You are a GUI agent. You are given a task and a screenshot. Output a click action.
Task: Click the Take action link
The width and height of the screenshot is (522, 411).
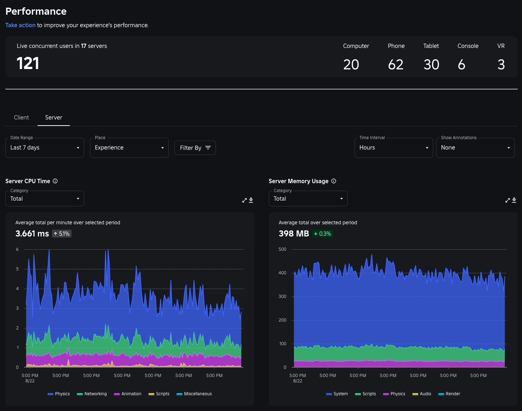pyautogui.click(x=20, y=25)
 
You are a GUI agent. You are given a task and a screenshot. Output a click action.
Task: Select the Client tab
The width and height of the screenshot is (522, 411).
pyautogui.click(x=21, y=117)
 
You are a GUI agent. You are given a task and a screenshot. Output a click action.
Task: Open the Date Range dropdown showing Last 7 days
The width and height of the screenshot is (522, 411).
pyautogui.click(x=45, y=148)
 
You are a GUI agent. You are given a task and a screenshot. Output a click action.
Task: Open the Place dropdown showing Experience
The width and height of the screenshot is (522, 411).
pyautogui.click(x=129, y=148)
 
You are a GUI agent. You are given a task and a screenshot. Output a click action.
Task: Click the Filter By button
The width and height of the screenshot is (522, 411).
pyautogui.click(x=195, y=148)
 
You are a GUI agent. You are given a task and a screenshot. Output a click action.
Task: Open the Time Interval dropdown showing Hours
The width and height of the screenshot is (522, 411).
pyautogui.click(x=393, y=148)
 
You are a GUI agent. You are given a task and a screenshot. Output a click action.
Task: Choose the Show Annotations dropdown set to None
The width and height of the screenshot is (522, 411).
pyautogui.click(x=475, y=148)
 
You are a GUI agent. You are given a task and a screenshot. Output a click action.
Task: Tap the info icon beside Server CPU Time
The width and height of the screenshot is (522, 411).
pyautogui.click(x=55, y=181)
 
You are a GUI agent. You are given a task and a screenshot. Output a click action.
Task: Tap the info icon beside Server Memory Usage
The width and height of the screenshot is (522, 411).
pyautogui.click(x=334, y=181)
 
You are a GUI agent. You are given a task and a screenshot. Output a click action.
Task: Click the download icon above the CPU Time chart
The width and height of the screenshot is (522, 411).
pyautogui.click(x=251, y=200)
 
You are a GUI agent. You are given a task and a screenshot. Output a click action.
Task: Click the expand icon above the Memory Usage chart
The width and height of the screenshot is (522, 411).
pyautogui.click(x=507, y=200)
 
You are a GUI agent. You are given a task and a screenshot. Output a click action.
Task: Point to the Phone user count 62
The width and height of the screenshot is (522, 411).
pyautogui.click(x=396, y=65)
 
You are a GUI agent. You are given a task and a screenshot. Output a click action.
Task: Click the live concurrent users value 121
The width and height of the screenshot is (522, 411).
pyautogui.click(x=28, y=64)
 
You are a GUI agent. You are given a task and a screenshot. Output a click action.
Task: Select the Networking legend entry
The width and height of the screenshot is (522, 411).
pyautogui.click(x=92, y=394)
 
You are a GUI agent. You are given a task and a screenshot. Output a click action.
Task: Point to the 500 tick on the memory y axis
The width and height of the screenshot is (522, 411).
pyautogui.click(x=282, y=249)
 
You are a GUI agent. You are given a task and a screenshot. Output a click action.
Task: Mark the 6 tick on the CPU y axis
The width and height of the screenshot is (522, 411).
pyautogui.click(x=17, y=249)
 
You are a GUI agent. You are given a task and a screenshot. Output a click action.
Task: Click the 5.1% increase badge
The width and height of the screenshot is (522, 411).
pyautogui.click(x=62, y=234)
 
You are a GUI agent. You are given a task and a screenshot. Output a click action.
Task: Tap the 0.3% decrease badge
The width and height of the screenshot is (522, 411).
pyautogui.click(x=323, y=234)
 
